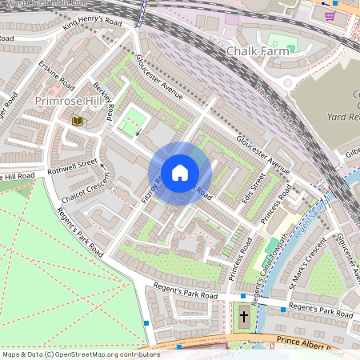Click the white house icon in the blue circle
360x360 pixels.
pos(180,173)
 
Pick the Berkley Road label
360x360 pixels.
pos(104,98)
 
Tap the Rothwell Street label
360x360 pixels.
pos(73,165)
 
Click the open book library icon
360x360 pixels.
pos(78,120)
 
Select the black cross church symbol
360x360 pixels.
pos(244,317)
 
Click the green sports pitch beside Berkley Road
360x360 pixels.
pos(133,123)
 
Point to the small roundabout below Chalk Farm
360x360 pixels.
pos(287,82)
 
